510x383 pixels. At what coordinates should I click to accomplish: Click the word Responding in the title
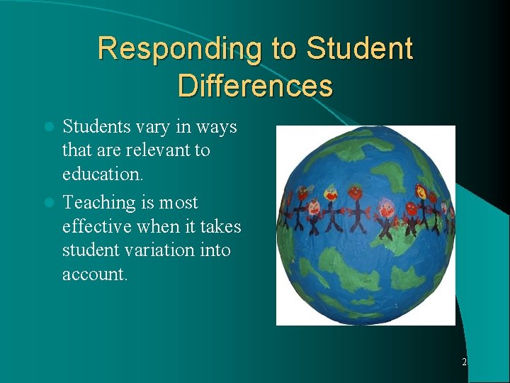pos(181,50)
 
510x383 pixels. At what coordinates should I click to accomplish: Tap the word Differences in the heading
pos(255,86)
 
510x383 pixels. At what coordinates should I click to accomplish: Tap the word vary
pos(156,128)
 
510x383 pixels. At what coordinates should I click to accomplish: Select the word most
pos(178,203)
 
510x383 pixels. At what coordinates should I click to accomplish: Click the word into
pos(215,250)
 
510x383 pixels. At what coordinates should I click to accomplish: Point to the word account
pos(95,274)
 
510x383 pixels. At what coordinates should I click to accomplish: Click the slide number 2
pos(464,362)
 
